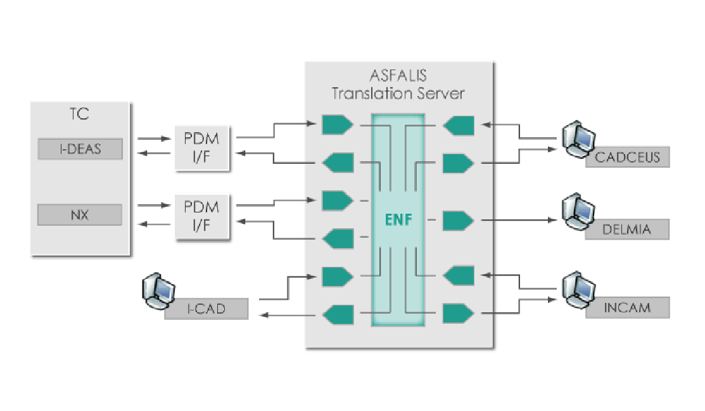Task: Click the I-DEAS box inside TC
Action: pyautogui.click(x=79, y=150)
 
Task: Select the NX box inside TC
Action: pyautogui.click(x=79, y=215)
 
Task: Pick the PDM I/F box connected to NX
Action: pyautogui.click(x=201, y=217)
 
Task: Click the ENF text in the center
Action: pyautogui.click(x=398, y=221)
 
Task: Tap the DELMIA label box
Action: pyautogui.click(x=627, y=229)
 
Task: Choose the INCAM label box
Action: pyautogui.click(x=627, y=309)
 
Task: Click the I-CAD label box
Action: pyautogui.click(x=206, y=310)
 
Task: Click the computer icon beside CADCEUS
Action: pyautogui.click(x=578, y=138)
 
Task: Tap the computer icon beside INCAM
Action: pyautogui.click(x=578, y=288)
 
